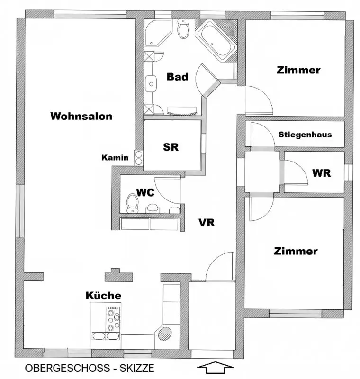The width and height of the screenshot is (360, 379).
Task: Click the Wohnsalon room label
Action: coord(81,116)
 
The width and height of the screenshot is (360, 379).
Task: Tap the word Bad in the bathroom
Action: coord(177,77)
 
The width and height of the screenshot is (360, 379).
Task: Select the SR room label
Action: coord(171,147)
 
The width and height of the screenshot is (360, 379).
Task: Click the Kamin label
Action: coord(115,158)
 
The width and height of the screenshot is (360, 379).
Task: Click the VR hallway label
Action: coord(207,222)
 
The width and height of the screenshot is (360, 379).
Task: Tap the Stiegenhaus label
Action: coord(305,134)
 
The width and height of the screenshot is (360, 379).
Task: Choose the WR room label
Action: coord(321,173)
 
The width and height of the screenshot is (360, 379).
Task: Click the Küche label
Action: coord(103,296)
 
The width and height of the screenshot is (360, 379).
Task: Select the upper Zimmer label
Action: coord(298,70)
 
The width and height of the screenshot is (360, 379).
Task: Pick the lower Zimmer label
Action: coord(296,251)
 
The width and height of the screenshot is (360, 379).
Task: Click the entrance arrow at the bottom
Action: coord(216,368)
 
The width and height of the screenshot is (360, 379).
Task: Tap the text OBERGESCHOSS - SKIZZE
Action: coord(90,368)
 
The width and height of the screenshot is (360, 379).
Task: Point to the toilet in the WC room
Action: coord(132,203)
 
